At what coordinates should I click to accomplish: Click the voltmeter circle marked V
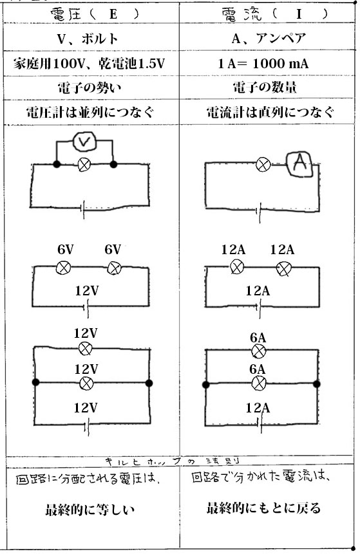coord(84,142)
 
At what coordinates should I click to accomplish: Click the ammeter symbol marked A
coord(300,164)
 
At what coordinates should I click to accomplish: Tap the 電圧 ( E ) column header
coord(94,14)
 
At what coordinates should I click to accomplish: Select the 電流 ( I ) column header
coord(274,15)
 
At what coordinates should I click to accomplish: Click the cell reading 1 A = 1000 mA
coord(263,64)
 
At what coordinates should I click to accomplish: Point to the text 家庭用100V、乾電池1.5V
coord(89,64)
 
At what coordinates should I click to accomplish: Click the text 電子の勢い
coord(89,88)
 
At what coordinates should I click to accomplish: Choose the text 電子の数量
coord(265,88)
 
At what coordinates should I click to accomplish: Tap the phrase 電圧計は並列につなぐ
coord(90,113)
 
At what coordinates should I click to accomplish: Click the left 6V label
coord(66,250)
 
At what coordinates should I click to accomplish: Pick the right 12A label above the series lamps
coord(282,250)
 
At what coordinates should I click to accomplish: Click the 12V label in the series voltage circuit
coord(87,291)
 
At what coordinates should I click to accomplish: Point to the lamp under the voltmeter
coord(84,164)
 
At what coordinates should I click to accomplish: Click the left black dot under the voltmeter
coord(56,164)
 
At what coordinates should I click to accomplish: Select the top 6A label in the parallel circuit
coord(258,338)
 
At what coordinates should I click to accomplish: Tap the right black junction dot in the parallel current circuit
coord(316,384)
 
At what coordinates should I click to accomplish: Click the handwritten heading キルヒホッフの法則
coord(173,461)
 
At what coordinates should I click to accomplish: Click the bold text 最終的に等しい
coord(90,510)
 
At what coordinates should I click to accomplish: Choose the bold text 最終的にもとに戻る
coord(264,508)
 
